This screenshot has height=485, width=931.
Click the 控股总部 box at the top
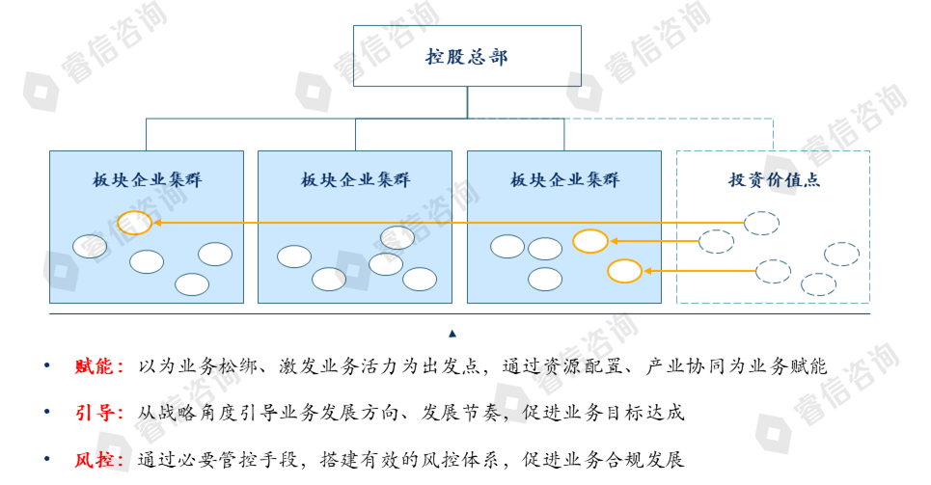pos(467,57)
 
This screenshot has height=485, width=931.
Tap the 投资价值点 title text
pos(774,180)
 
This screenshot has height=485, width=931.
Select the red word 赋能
pos(99,367)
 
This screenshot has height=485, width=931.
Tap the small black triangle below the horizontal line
pos(452,334)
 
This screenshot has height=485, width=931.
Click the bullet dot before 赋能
pos(47,367)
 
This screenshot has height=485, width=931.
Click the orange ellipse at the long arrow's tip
pos(134,223)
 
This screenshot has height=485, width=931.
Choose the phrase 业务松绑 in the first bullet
pos(222,367)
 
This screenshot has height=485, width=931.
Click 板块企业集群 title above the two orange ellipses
pos(564,180)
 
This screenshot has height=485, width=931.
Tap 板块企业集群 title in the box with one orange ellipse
pos(147,180)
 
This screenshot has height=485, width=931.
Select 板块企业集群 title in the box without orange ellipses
pos(355,180)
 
